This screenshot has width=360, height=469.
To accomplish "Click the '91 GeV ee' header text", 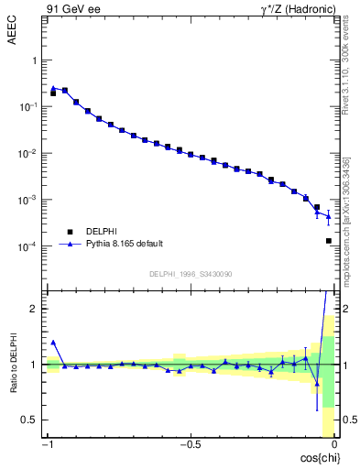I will click(x=72, y=9).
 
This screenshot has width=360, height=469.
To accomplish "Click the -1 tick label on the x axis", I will click(x=47, y=445).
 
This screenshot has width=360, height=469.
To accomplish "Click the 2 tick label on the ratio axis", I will click(x=37, y=310).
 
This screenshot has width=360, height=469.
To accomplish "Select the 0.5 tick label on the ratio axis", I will click(x=32, y=420).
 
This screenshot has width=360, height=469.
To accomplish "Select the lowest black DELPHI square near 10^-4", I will click(x=328, y=241).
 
